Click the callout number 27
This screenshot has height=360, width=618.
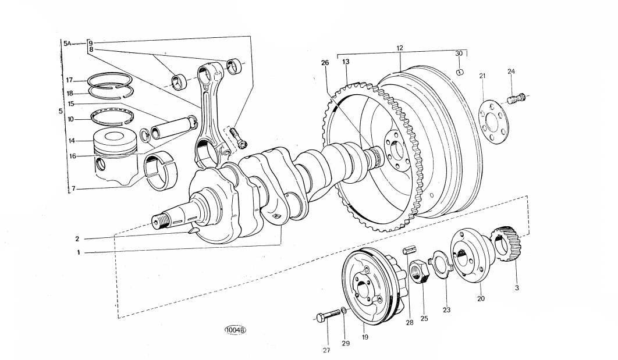point(326,350)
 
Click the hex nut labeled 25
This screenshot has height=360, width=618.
point(419,272)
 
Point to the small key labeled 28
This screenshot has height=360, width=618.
point(409,250)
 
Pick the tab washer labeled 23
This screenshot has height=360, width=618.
point(442,264)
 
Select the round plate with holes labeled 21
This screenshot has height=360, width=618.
point(493,122)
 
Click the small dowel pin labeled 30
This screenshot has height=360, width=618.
point(460,72)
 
